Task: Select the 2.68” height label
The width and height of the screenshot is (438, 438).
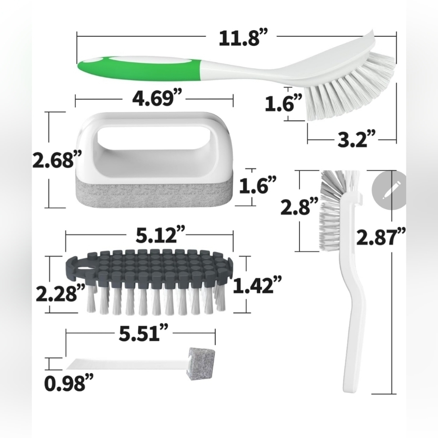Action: coord(57,159)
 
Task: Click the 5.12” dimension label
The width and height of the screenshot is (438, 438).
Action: coord(160,235)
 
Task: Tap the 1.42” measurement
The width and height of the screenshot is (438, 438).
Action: coord(257,285)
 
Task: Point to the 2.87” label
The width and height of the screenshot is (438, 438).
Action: coord(381,237)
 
